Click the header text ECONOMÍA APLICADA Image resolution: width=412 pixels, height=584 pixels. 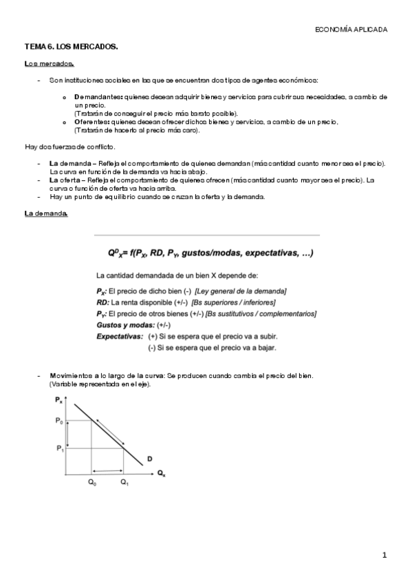coord(351,30)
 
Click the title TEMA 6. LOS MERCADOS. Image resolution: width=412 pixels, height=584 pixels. coord(72,46)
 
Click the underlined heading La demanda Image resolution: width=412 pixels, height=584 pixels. coord(46,214)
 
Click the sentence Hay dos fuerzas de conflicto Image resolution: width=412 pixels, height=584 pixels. coord(69,147)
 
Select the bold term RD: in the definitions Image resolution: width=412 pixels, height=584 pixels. coord(103,302)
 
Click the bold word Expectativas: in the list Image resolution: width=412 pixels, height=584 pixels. coord(120,336)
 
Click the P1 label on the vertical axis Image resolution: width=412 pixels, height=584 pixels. coord(59,448)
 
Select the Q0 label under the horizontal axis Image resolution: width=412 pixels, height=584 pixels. coord(92,483)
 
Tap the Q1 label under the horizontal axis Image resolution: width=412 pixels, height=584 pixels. coord(124,483)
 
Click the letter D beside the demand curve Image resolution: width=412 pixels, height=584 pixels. coord(149,459)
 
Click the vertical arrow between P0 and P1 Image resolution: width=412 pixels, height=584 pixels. coord(68,434)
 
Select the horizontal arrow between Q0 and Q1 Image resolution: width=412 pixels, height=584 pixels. coord(107,470)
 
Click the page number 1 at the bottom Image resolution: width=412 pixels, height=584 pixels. coord(385,554)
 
